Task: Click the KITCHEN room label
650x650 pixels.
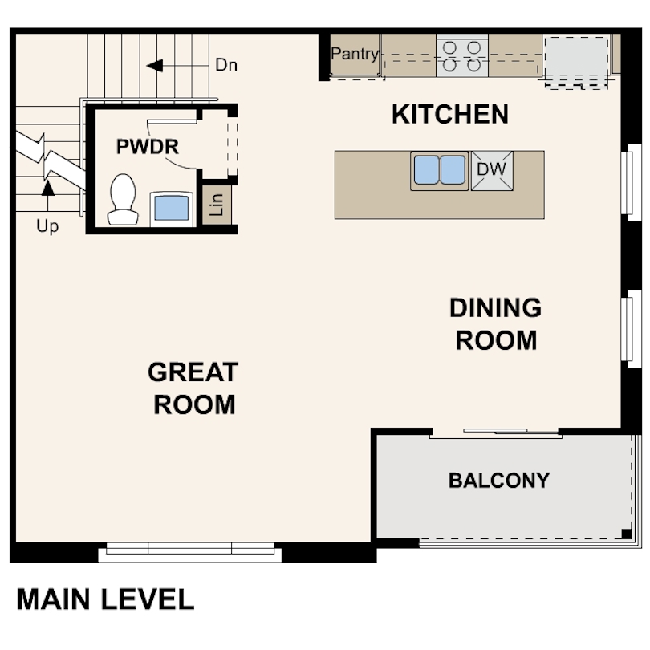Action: tap(449, 115)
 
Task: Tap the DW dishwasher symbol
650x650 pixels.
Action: tap(492, 170)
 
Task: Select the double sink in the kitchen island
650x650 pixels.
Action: tap(439, 170)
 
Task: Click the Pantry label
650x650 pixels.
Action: tap(354, 55)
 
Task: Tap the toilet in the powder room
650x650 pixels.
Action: tap(123, 199)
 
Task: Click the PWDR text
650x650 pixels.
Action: tap(147, 147)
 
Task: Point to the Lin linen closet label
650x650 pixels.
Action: tap(216, 206)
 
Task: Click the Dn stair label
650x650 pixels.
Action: tap(226, 66)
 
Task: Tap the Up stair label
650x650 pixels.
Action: tap(47, 227)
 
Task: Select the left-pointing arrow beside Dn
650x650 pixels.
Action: tap(155, 65)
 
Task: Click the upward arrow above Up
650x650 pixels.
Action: tap(47, 189)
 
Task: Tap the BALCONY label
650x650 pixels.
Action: tap(498, 481)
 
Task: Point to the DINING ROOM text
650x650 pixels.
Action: tap(495, 323)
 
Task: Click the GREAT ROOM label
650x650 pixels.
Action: tap(193, 388)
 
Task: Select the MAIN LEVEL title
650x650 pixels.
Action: tap(105, 599)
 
